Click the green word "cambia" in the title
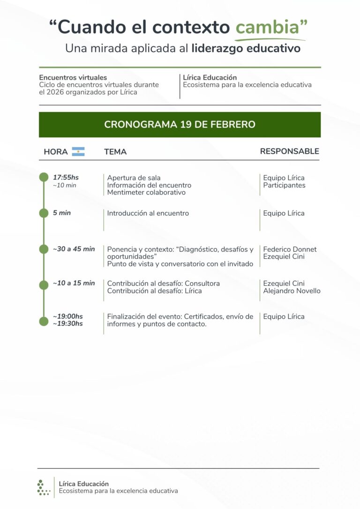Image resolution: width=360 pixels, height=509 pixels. pos(267,27)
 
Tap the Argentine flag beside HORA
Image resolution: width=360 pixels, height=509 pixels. pos(78,151)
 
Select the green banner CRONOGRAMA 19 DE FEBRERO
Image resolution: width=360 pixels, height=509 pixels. pos(180,125)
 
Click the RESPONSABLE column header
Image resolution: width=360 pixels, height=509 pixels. pos(289,151)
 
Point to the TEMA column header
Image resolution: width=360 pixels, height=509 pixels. pos(115,152)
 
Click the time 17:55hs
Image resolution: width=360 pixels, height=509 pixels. pos(66,178)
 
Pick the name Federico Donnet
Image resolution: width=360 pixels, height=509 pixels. pos(290,249)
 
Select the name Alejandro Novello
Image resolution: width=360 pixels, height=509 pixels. pos(292,291)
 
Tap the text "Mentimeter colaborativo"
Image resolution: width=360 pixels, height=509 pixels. pos(146,192)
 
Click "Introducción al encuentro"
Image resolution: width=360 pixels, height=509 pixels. pos(148,213)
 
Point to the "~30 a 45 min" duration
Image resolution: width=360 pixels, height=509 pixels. pos(74,249)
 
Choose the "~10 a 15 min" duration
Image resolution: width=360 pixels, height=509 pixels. pos(74,283)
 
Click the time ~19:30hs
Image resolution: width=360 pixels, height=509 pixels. pos(67,323)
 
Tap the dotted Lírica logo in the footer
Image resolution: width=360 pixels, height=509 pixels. pos(43,487)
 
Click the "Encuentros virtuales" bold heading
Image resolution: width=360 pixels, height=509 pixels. pos(73,77)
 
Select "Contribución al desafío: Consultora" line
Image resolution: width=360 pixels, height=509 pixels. pos(163,284)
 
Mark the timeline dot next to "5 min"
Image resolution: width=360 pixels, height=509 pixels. pos(44,213)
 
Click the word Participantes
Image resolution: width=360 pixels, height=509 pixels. pos(284,185)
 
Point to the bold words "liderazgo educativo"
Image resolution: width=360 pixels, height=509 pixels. pos(246,48)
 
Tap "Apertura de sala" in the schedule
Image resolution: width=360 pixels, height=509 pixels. pos(134,178)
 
